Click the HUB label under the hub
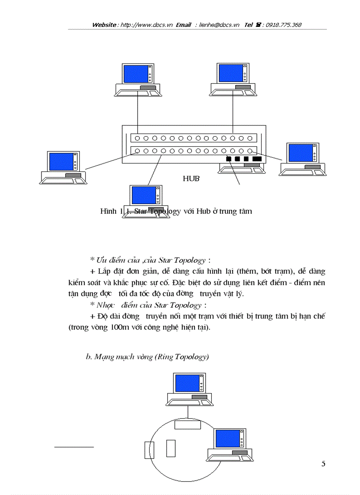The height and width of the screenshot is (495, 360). point(191,179)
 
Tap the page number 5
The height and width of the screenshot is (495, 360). point(323,463)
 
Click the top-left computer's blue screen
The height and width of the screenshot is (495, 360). point(135,74)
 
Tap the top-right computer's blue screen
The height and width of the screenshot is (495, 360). point(230,74)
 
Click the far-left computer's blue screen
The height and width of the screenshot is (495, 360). point(61,162)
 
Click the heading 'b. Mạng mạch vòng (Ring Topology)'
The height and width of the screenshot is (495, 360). point(147,357)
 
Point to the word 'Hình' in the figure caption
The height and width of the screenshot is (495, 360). point(108,211)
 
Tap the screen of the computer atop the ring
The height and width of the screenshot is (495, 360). point(187,383)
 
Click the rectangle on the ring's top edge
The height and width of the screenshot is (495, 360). point(187,424)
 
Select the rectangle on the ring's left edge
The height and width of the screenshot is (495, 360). point(148,450)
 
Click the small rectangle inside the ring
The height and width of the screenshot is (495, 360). point(171,448)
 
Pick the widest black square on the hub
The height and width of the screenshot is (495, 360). point(257,159)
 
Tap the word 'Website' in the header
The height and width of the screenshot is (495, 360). point(104,25)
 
